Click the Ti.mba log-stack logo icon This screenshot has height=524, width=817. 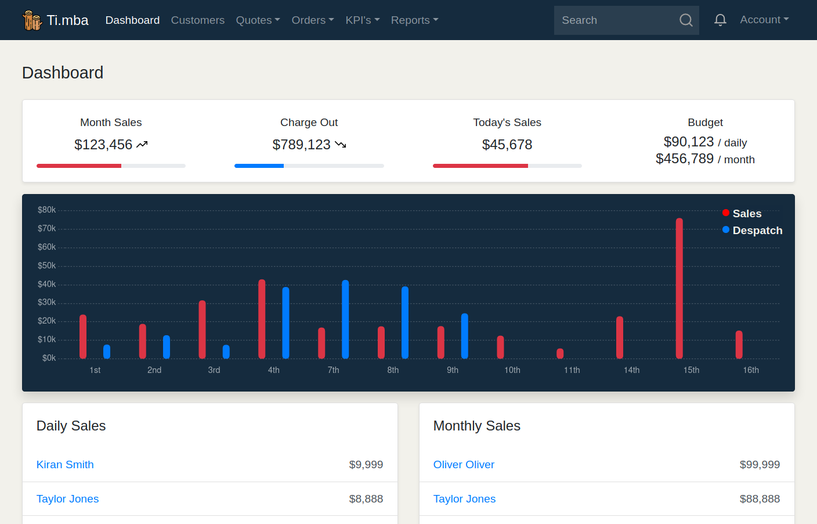[x=32, y=20]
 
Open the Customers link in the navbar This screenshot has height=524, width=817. [x=198, y=20]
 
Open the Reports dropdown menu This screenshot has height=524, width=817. [x=414, y=20]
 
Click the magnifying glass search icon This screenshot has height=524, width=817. [x=686, y=20]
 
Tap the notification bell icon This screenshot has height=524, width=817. [x=720, y=20]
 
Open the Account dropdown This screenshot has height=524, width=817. [x=764, y=20]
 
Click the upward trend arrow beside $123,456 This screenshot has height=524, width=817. [x=142, y=145]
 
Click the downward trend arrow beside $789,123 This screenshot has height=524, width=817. [x=340, y=145]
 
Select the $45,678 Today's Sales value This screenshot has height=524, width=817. [x=507, y=145]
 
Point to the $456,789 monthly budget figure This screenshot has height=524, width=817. [x=684, y=159]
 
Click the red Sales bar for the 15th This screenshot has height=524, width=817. [x=679, y=289]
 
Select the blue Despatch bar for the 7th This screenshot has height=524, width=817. [x=345, y=320]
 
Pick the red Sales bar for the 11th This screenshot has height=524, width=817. [x=560, y=353]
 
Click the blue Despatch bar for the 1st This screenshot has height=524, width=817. [x=107, y=351]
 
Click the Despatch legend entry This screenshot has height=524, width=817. [x=753, y=231]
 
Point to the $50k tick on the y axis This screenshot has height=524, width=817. [x=46, y=265]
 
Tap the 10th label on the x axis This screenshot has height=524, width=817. [x=512, y=370]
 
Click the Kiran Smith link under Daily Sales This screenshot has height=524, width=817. [x=65, y=465]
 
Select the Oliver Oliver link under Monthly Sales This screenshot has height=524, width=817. [x=464, y=465]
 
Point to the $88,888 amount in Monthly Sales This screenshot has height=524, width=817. [x=760, y=499]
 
